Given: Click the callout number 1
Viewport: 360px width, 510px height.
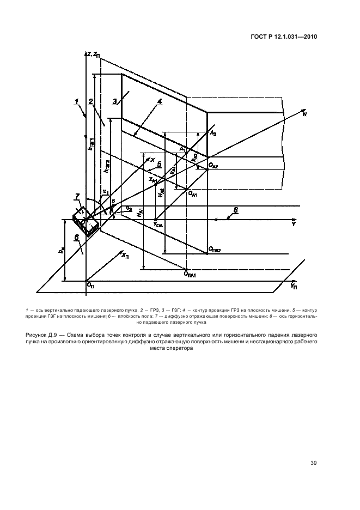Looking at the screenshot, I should pyautogui.click(x=77, y=101).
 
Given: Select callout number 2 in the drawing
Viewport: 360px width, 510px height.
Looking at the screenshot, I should pyautogui.click(x=91, y=101).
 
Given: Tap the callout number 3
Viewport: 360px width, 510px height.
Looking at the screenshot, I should pyautogui.click(x=114, y=101).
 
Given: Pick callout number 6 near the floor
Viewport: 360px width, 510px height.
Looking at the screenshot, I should pyautogui.click(x=77, y=238).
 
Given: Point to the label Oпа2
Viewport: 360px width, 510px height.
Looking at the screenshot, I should pyautogui.click(x=215, y=250).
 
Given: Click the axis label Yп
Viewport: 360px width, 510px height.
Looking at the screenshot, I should pyautogui.click(x=294, y=286).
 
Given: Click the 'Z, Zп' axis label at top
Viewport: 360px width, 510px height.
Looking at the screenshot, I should pyautogui.click(x=93, y=53).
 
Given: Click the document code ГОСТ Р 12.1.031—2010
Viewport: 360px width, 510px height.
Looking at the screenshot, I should pyautogui.click(x=284, y=37).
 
